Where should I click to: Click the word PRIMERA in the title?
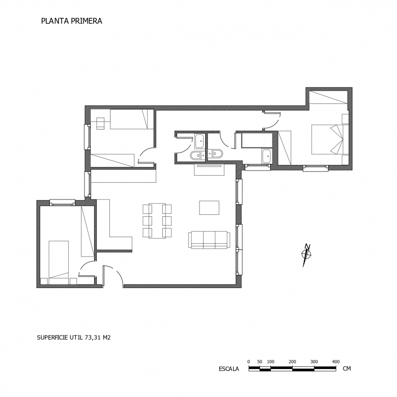(87, 21)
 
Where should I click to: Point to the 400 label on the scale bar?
(336, 361)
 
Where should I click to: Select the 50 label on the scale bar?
(260, 361)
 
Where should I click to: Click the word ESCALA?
(229, 369)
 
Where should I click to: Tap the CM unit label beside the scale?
(347, 368)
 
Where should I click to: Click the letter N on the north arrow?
(307, 247)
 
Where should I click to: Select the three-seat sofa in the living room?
(209, 240)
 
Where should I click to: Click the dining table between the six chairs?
(157, 220)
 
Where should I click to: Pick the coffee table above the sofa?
(209, 208)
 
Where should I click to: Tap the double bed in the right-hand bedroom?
(327, 139)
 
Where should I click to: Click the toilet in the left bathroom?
(195, 156)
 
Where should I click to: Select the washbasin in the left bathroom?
(199, 141)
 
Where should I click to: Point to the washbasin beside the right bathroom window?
(266, 156)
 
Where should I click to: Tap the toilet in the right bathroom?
(217, 154)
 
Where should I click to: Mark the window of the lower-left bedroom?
(62, 202)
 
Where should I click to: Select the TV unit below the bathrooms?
(209, 169)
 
